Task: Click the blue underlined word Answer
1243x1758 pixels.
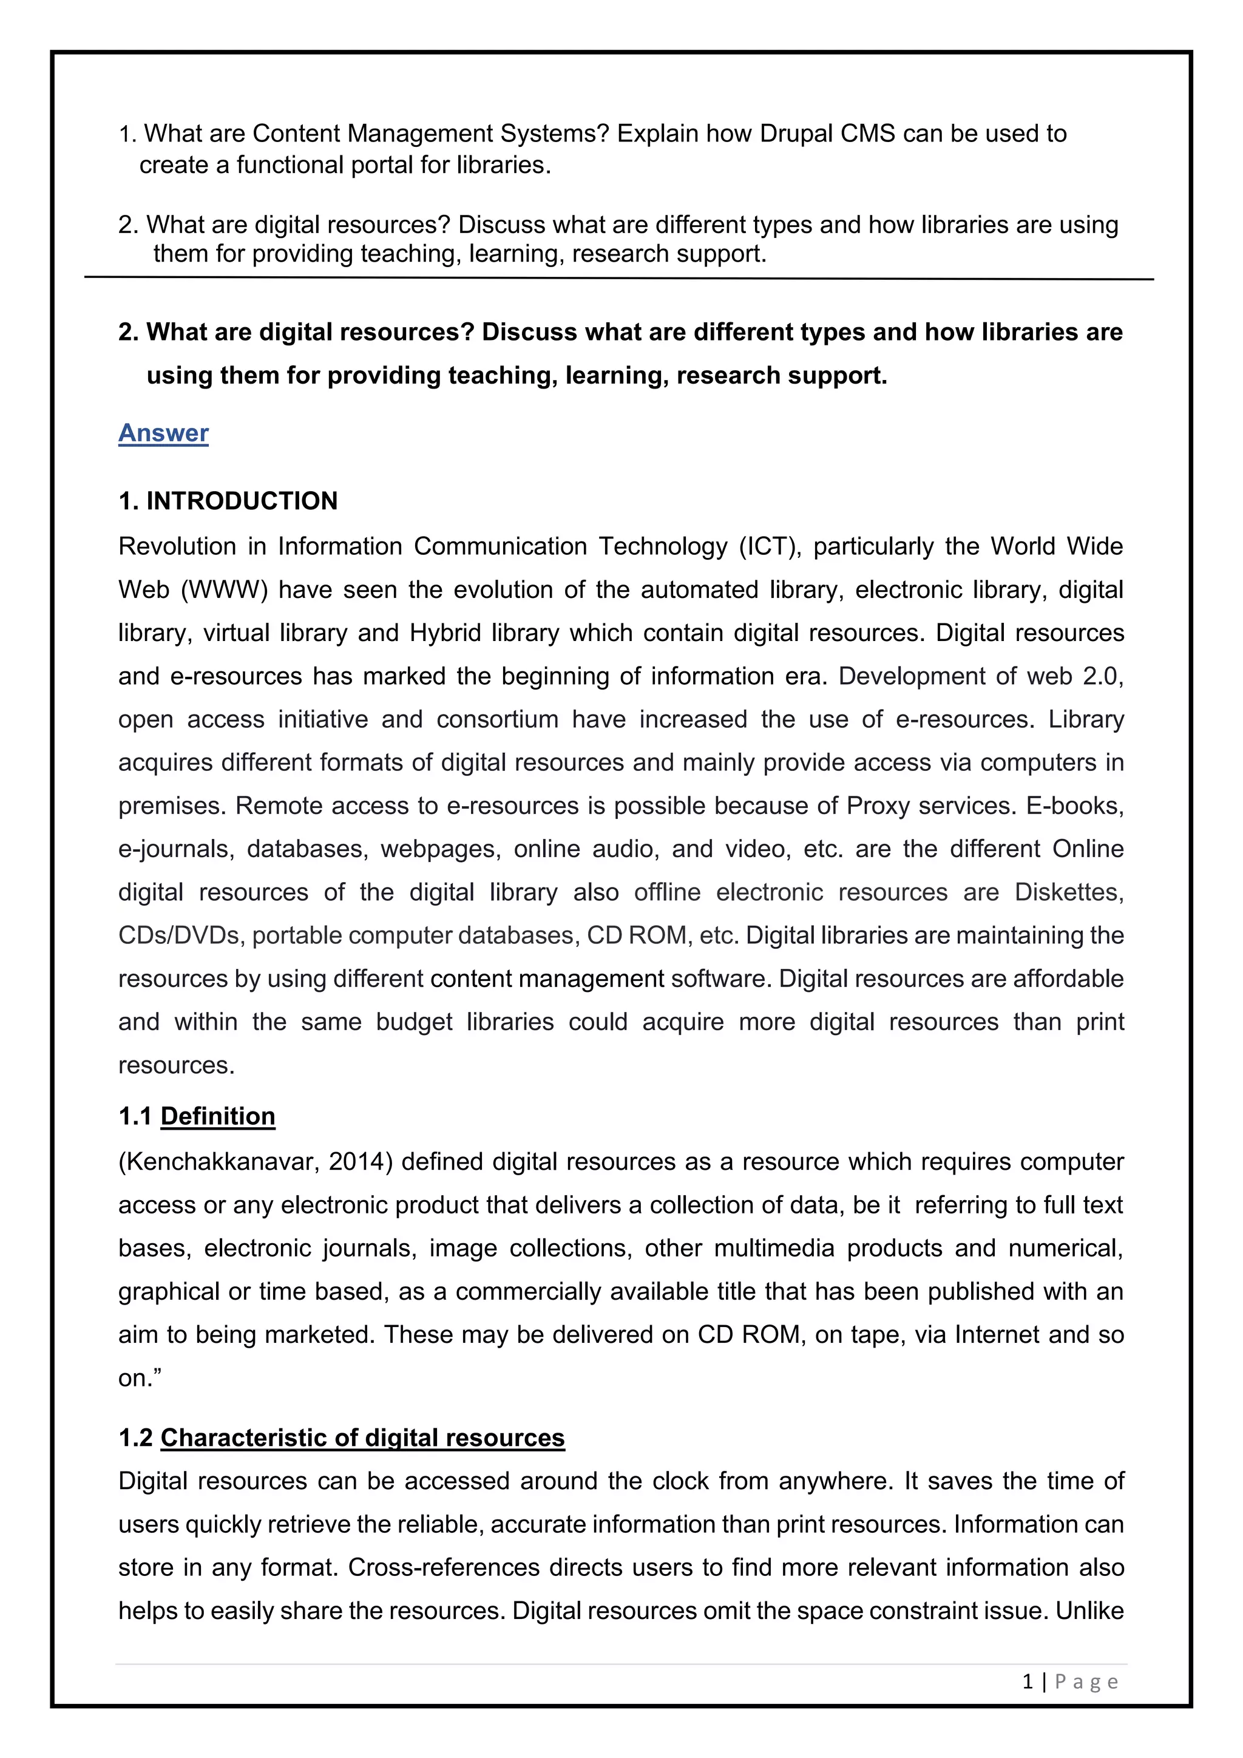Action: [163, 433]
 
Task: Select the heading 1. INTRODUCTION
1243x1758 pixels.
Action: [228, 501]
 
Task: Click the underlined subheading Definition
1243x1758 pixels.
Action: [217, 1116]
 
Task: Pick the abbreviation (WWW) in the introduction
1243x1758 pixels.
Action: [224, 590]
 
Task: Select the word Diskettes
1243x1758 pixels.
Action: [1068, 893]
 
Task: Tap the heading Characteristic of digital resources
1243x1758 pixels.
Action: [362, 1438]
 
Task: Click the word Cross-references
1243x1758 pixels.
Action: [443, 1567]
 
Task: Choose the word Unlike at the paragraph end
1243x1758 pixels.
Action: [1089, 1611]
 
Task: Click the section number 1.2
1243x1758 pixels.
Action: [135, 1438]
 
